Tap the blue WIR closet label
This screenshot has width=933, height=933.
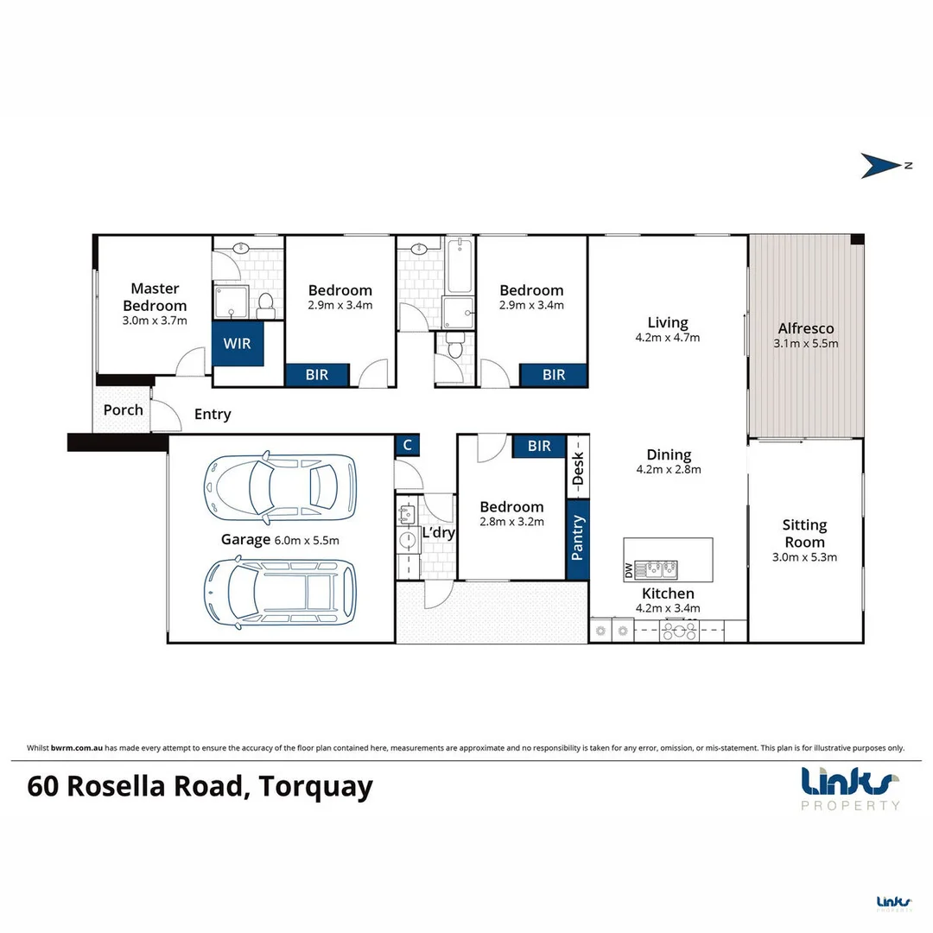[238, 344]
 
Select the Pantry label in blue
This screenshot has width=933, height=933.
[578, 537]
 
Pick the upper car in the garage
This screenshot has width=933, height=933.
[278, 488]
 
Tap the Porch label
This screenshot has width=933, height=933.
[123, 409]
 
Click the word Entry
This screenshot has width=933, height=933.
[213, 415]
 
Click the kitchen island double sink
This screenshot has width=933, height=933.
[657, 568]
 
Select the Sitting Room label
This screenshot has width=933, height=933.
[804, 533]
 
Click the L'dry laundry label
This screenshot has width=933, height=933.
[438, 533]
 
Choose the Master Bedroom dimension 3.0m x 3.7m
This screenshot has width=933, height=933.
[155, 321]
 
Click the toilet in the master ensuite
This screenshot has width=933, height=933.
[267, 302]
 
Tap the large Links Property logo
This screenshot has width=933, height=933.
[850, 787]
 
